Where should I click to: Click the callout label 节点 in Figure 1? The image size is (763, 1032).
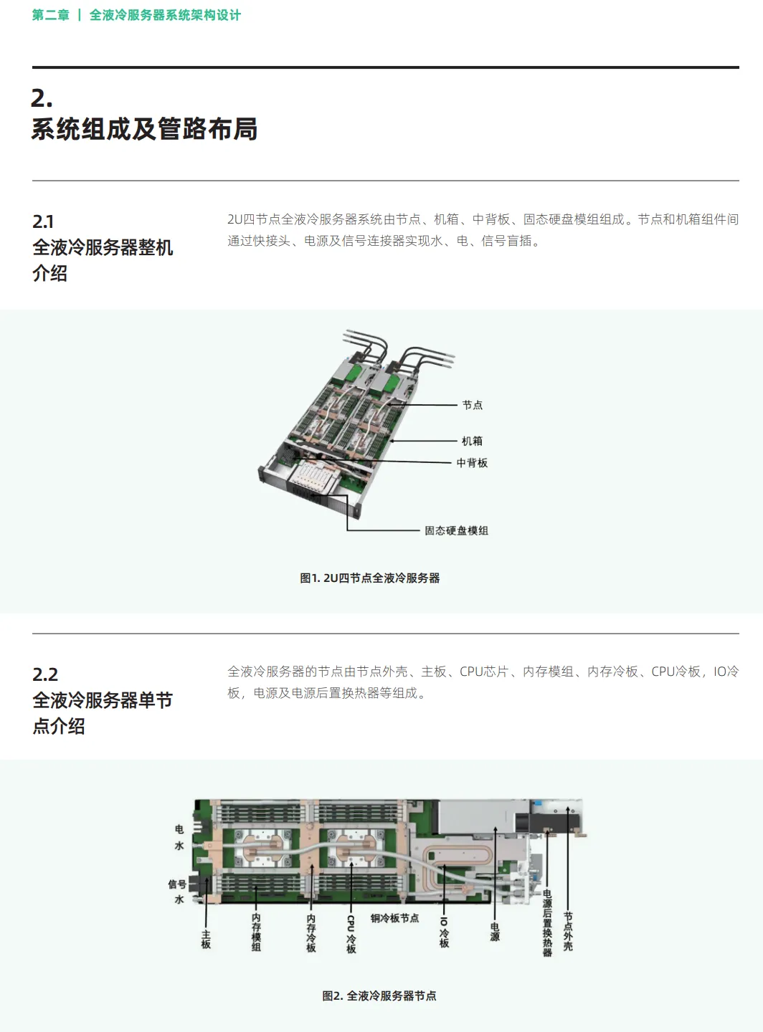(472, 405)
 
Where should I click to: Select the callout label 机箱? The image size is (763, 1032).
(472, 441)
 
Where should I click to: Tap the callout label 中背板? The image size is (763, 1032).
(472, 463)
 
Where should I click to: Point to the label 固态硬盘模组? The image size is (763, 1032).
(456, 530)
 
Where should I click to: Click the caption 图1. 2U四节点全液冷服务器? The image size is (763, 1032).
(369, 578)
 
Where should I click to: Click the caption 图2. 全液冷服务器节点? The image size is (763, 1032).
(379, 995)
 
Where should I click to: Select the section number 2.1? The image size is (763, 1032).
(43, 221)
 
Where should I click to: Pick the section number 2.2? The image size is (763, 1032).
(45, 674)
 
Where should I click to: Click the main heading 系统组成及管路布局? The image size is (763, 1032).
(144, 129)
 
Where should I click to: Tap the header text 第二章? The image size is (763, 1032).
(50, 15)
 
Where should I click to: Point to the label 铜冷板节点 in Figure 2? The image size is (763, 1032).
(394, 918)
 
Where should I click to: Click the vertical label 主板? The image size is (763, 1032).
(206, 939)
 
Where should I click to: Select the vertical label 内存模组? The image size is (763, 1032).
(256, 932)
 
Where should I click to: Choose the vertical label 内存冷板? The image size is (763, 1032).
(311, 933)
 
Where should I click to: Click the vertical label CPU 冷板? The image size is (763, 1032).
(351, 934)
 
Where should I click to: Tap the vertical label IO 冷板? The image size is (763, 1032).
(444, 932)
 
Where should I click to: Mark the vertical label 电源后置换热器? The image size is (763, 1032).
(547, 923)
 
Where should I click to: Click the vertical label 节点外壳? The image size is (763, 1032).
(568, 931)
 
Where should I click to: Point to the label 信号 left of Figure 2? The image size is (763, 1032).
(177, 884)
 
